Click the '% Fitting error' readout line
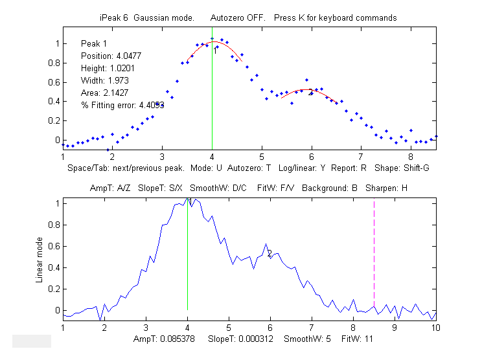coord(121,105)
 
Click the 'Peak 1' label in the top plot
coord(94,43)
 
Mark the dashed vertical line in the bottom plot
coord(374,259)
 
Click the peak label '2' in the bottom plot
coord(270,254)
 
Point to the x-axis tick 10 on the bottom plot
coord(436,328)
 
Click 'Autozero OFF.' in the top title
coord(238,17)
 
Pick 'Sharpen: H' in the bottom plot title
coord(386,188)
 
